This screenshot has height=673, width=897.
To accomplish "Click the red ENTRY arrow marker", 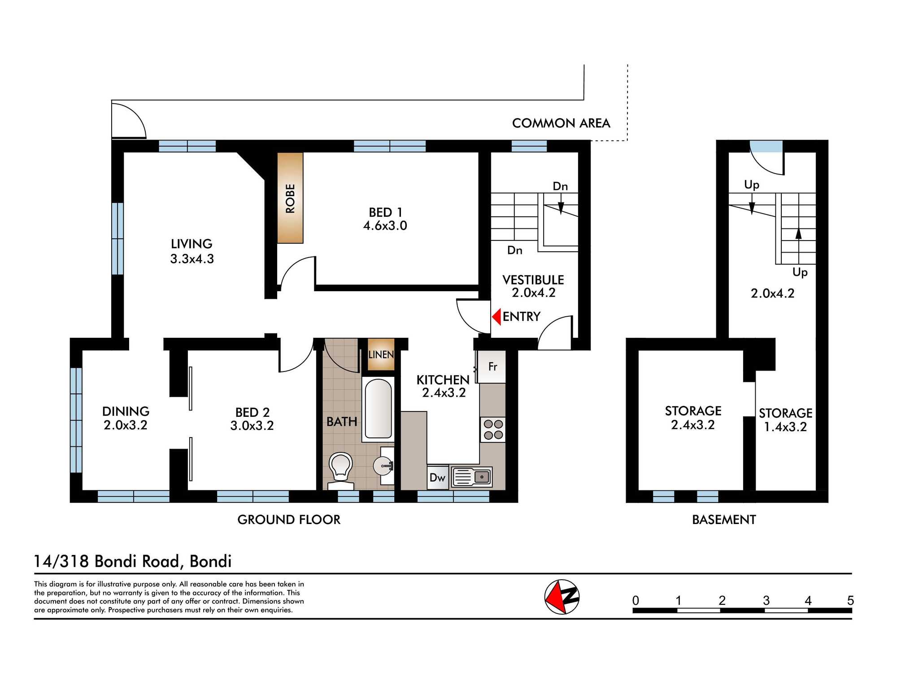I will point(496,317).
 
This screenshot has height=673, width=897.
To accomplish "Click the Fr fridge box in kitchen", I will point(492,367).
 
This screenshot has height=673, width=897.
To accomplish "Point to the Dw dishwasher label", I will point(437,477).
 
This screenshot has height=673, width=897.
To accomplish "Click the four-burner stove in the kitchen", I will point(493,429).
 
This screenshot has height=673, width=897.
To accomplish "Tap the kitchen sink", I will point(472,477).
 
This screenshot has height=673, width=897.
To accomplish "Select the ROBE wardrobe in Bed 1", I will point(290,198).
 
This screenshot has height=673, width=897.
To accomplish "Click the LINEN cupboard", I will point(381,354).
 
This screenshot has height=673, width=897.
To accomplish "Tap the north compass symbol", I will point(562,597).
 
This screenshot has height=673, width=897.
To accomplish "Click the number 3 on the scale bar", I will point(766,600).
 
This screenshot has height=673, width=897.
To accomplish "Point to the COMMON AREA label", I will point(561,123).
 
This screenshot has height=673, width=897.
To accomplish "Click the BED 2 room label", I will point(253,412).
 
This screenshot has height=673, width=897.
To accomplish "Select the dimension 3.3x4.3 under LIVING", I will point(192,259).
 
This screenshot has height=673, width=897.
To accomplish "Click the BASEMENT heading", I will point(724,520).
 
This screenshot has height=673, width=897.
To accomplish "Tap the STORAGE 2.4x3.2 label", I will point(693,417).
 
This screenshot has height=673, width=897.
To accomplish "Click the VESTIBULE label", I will point(533,280).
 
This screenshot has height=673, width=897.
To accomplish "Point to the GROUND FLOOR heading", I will point(289,520).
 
